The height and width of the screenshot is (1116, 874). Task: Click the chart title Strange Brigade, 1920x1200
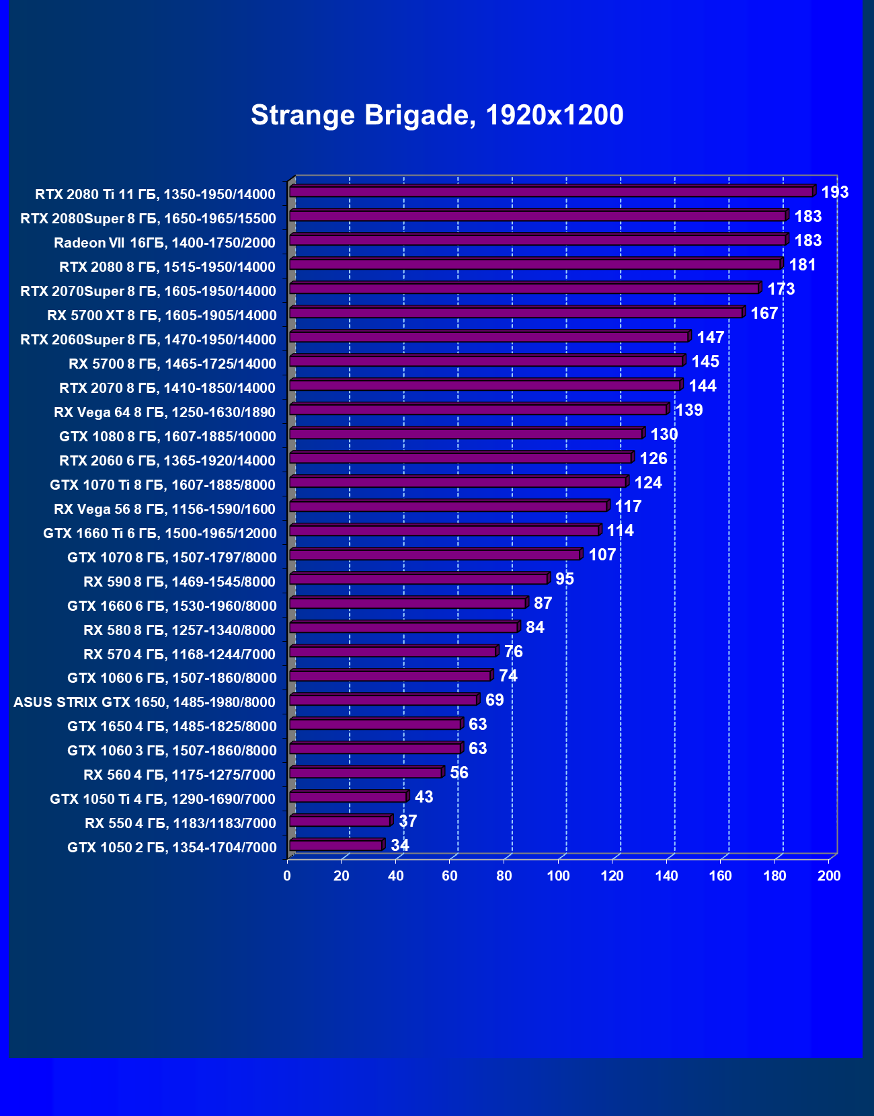pyautogui.click(x=437, y=115)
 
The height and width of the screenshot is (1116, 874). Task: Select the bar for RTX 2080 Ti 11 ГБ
pyautogui.click(x=551, y=192)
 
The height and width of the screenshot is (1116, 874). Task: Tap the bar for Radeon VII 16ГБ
pyautogui.click(x=538, y=241)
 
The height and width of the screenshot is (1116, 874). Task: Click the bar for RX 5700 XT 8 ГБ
pyautogui.click(x=516, y=313)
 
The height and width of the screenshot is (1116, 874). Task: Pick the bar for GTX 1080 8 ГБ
pyautogui.click(x=466, y=435)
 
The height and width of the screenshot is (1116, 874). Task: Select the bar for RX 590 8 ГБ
pyautogui.click(x=419, y=579)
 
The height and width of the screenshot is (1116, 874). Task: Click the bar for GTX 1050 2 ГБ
pyautogui.click(x=336, y=846)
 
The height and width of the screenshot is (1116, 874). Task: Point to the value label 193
pyautogui.click(x=835, y=192)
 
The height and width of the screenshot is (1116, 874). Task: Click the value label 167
pyautogui.click(x=764, y=313)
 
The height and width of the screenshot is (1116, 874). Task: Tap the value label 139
pyautogui.click(x=689, y=410)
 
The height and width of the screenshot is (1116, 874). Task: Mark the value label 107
pyautogui.click(x=602, y=555)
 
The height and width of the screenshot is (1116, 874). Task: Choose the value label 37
pyautogui.click(x=408, y=821)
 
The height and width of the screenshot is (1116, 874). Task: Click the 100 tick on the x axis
pyautogui.click(x=558, y=876)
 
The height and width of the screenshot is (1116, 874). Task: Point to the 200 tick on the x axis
pyautogui.click(x=829, y=876)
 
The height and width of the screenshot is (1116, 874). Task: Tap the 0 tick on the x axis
pyautogui.click(x=288, y=876)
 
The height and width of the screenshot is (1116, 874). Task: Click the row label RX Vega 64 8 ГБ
pyautogui.click(x=165, y=412)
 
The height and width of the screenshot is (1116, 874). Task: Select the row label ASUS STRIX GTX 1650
pyautogui.click(x=145, y=702)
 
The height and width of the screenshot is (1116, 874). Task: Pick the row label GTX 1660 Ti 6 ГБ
pyautogui.click(x=160, y=533)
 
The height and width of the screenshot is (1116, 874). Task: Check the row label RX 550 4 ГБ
pyautogui.click(x=180, y=823)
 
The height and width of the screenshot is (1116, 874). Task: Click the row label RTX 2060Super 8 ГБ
pyautogui.click(x=149, y=340)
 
